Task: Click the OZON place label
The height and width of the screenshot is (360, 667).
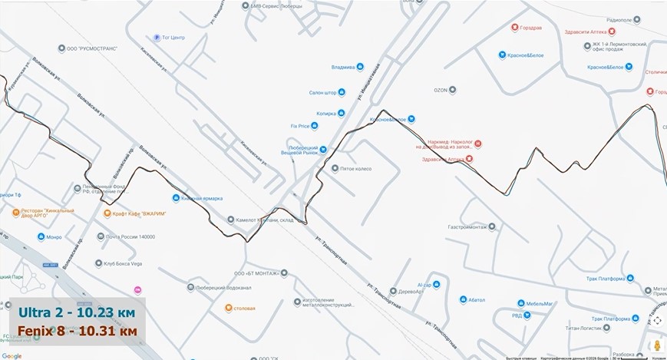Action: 440,90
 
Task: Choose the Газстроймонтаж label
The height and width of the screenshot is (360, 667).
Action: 467,227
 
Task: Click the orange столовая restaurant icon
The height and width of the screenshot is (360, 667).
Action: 229,308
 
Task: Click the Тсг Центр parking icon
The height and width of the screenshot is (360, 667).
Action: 157,37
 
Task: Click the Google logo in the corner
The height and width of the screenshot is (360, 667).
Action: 12,355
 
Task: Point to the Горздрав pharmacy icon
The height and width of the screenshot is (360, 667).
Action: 516,28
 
